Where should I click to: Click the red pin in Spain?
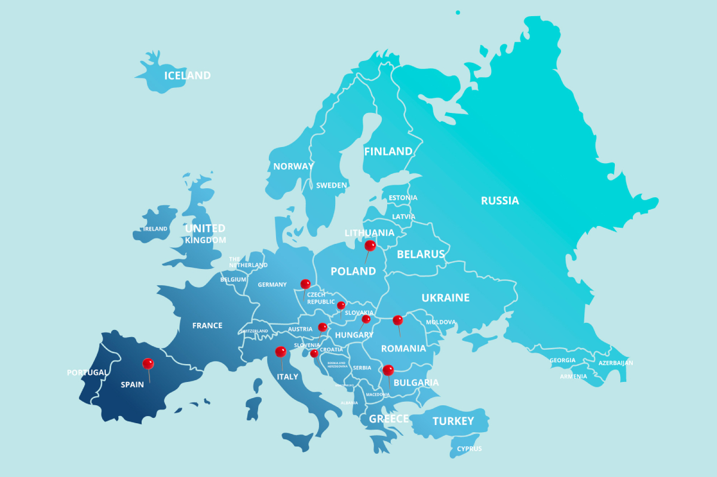tap(148, 363)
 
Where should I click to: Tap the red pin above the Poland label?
tap(370, 245)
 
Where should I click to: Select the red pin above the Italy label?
tap(280, 351)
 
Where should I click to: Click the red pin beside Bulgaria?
tap(388, 370)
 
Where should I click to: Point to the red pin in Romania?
tap(397, 320)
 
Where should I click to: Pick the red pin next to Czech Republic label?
tap(305, 283)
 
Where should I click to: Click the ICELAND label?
tap(187, 76)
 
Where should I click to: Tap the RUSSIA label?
tap(500, 201)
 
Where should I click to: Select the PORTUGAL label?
tap(87, 372)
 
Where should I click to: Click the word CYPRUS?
tap(469, 448)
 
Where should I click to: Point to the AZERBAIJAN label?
tap(615, 363)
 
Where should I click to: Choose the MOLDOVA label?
tap(440, 322)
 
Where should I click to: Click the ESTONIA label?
tap(403, 198)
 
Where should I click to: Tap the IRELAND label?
tap(155, 229)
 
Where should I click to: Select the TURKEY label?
tap(453, 421)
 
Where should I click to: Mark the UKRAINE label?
tap(445, 298)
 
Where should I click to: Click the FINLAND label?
tap(388, 151)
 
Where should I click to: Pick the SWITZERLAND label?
tap(255, 331)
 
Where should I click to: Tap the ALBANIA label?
tap(349, 403)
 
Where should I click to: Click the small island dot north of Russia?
tap(458, 12)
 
